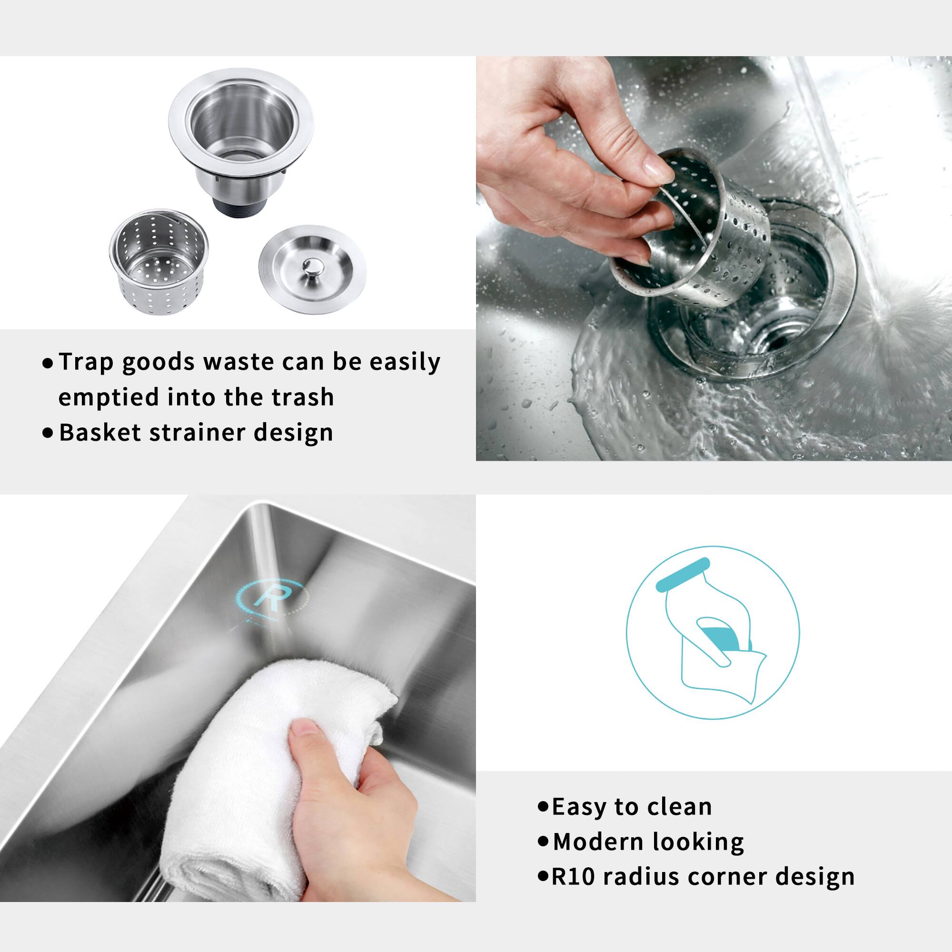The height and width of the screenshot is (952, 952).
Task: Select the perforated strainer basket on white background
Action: tap(159, 262)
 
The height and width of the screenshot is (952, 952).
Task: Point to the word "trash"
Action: tap(303, 397)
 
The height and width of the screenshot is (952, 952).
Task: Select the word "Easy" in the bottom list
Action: tap(578, 807)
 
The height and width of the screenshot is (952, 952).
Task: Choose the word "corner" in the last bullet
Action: tap(728, 877)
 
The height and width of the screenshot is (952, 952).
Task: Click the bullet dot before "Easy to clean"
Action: tap(544, 807)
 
